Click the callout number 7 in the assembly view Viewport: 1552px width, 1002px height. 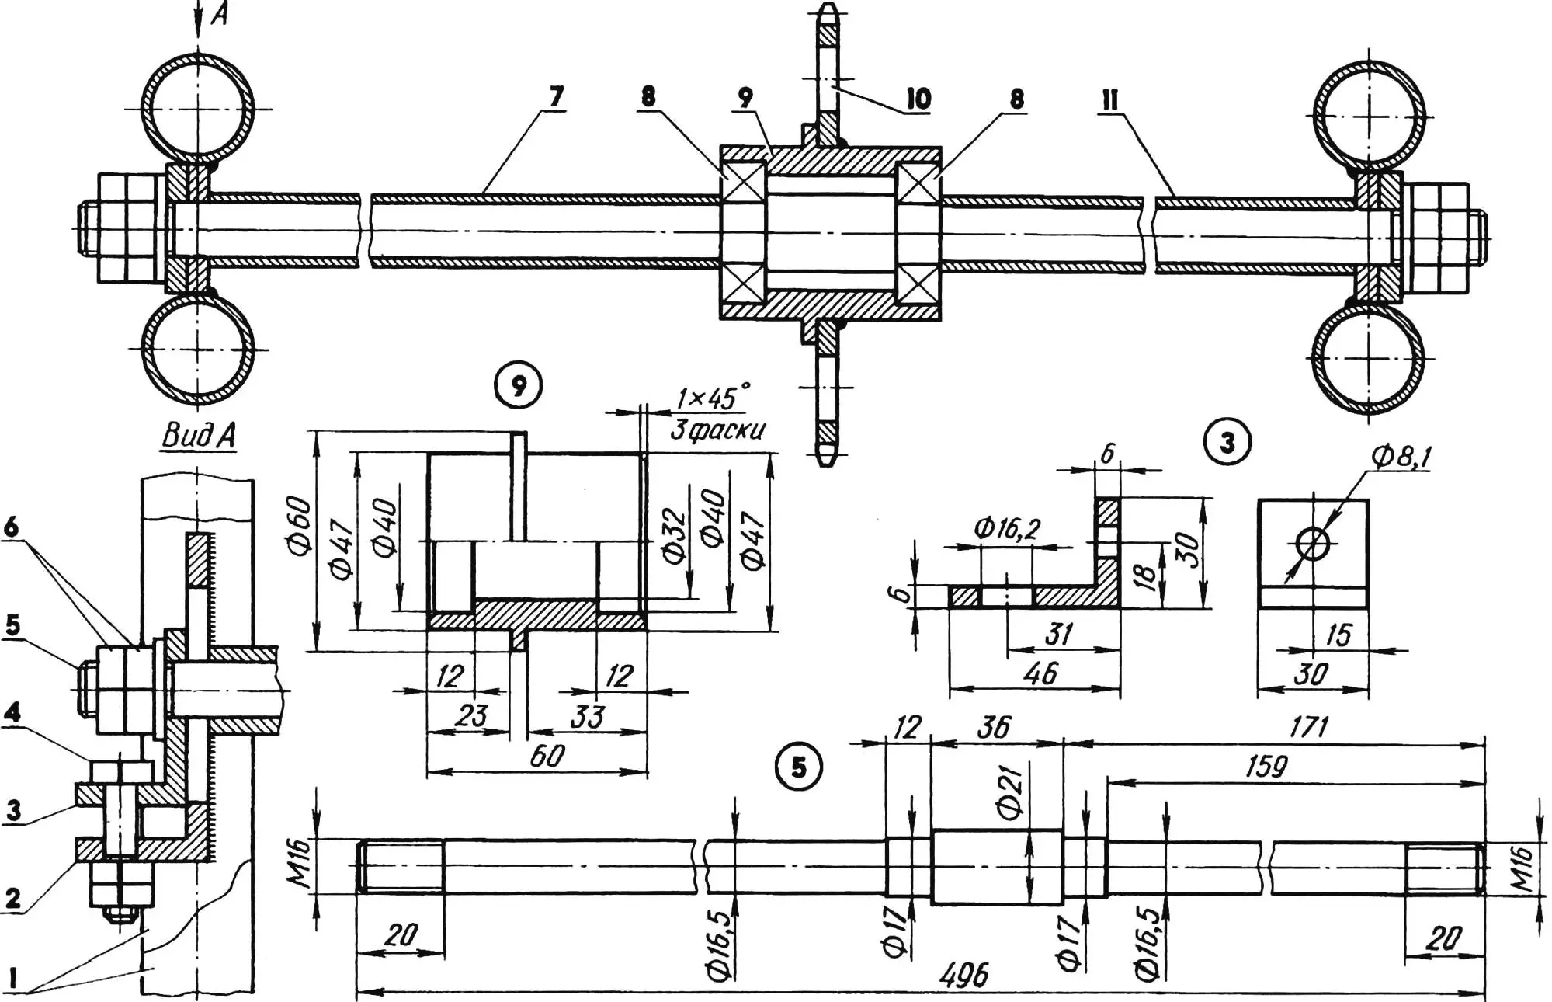(x=556, y=97)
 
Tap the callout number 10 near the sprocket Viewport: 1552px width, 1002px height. (x=918, y=99)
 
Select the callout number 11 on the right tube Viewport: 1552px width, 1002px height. (x=1110, y=99)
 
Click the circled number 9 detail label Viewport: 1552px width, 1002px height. (x=519, y=386)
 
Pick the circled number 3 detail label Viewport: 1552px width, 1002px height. (x=1227, y=443)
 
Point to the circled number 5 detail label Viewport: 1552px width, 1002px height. (x=799, y=767)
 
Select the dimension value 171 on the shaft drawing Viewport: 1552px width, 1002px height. (x=1309, y=727)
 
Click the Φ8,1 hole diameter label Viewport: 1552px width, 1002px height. (x=1401, y=458)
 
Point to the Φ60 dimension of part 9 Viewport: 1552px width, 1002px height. (x=300, y=527)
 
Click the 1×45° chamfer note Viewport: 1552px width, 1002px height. (x=713, y=399)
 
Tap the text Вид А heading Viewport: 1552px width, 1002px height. (x=198, y=437)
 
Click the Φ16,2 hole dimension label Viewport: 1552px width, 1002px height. (x=1006, y=529)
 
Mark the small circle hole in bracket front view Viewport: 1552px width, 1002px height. (x=1312, y=544)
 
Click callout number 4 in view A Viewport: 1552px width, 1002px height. (x=12, y=711)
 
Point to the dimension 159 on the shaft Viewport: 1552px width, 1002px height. (x=1266, y=767)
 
